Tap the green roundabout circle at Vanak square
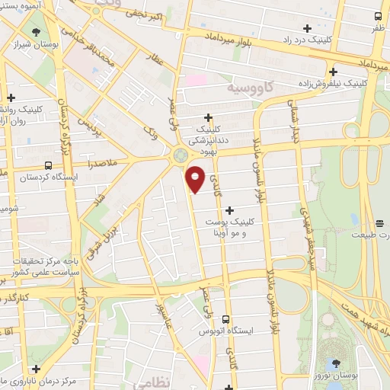coord(181,155)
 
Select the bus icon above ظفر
coord(379,16)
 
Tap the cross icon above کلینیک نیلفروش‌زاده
coord(333,72)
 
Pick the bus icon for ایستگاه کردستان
coord(49,165)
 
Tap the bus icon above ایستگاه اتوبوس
coord(225,319)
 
